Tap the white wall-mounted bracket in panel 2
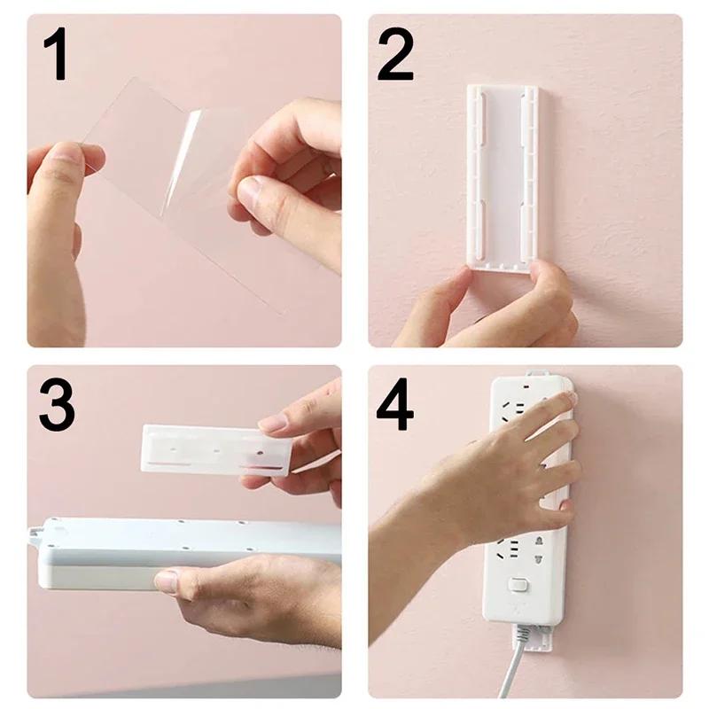(x=503, y=173)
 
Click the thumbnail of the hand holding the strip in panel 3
(x=167, y=581)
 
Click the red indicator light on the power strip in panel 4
(x=529, y=387)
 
